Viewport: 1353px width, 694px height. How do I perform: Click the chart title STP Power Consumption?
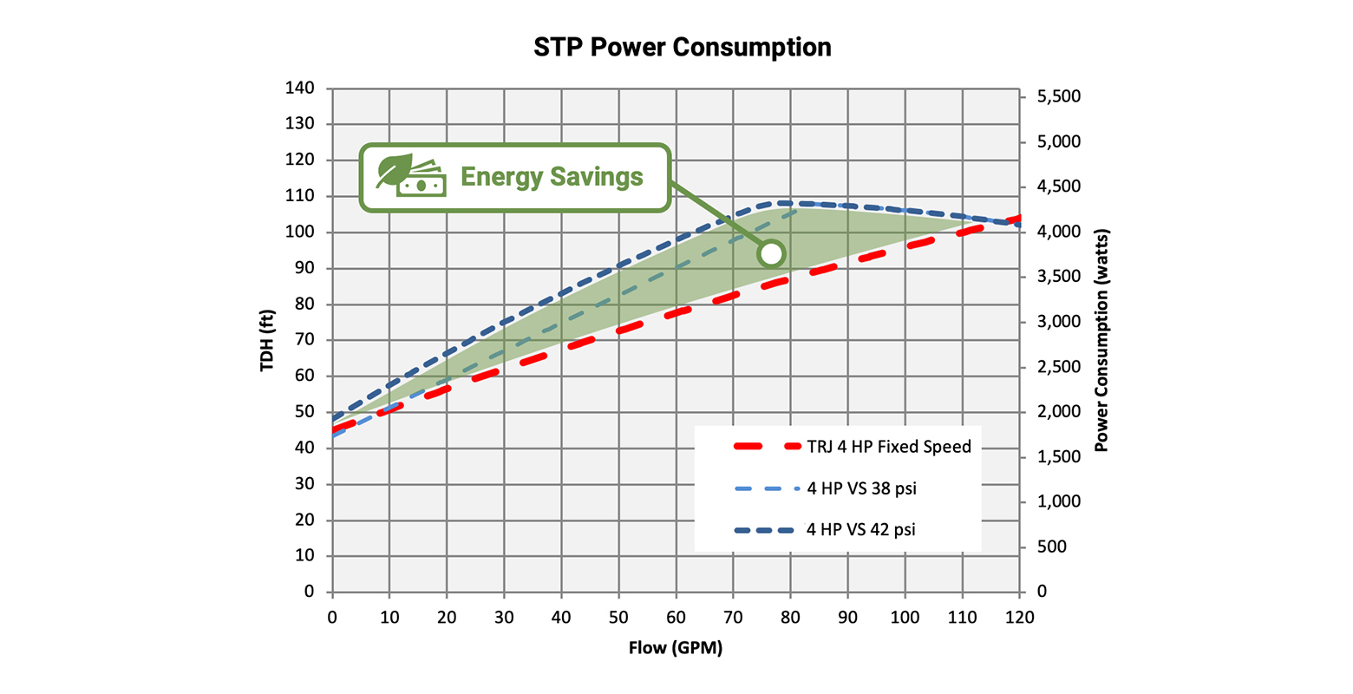(x=682, y=47)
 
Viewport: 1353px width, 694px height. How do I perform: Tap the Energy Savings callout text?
(x=552, y=177)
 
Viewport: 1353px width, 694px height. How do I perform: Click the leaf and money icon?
(x=410, y=176)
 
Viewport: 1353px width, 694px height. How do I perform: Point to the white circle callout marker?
(x=770, y=254)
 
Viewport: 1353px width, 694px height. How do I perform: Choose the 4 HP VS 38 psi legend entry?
(x=861, y=488)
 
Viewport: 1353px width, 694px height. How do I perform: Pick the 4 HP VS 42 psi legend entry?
(x=860, y=529)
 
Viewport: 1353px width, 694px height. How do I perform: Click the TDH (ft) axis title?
(x=267, y=340)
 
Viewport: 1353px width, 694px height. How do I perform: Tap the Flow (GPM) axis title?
(x=675, y=648)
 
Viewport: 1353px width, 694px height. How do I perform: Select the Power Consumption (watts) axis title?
(x=1101, y=340)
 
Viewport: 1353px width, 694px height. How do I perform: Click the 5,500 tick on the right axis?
(x=1059, y=96)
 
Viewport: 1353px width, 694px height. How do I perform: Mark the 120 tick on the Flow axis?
(x=1020, y=617)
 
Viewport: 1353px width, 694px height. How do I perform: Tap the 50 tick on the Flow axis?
(x=618, y=617)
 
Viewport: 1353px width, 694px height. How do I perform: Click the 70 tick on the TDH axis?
(x=304, y=340)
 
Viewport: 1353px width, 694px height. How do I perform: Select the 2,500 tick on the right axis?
(x=1059, y=367)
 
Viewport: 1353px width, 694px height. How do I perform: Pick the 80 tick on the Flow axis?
(x=790, y=617)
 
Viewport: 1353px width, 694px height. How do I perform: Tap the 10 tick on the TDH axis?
(x=304, y=556)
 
